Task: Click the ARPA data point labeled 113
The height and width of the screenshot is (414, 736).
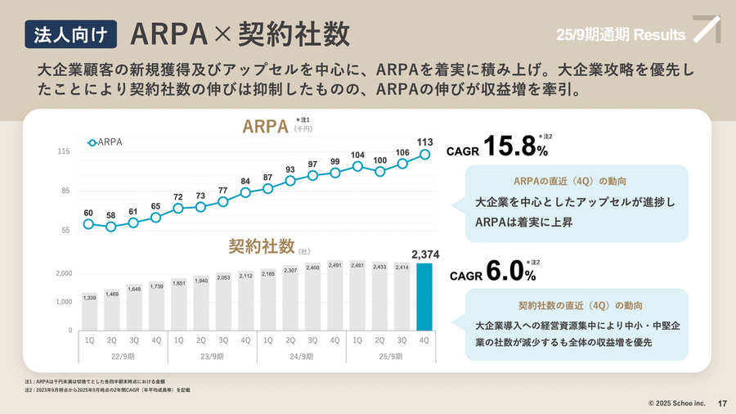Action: [424, 154]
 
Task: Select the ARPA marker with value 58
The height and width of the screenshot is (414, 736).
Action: [111, 227]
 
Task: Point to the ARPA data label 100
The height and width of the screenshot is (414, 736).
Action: [379, 160]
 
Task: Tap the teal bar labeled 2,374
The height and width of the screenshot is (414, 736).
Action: [424, 296]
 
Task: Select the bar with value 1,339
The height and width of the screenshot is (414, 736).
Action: [89, 310]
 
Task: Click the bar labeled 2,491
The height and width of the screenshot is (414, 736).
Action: [334, 295]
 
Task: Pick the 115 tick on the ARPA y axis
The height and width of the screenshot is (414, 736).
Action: [64, 152]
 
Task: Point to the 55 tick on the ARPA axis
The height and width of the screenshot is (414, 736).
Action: [65, 231]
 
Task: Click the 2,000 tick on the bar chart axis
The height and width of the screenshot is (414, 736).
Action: [64, 273]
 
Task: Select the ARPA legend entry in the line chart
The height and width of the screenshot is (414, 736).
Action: [105, 142]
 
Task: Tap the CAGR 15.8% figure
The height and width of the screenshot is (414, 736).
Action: [498, 147]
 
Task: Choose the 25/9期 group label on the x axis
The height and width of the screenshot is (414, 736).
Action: [391, 357]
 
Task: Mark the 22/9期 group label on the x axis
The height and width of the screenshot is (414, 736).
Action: [123, 357]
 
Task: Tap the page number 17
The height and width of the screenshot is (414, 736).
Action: [722, 403]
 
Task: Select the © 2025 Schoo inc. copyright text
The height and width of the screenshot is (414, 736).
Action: [676, 403]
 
